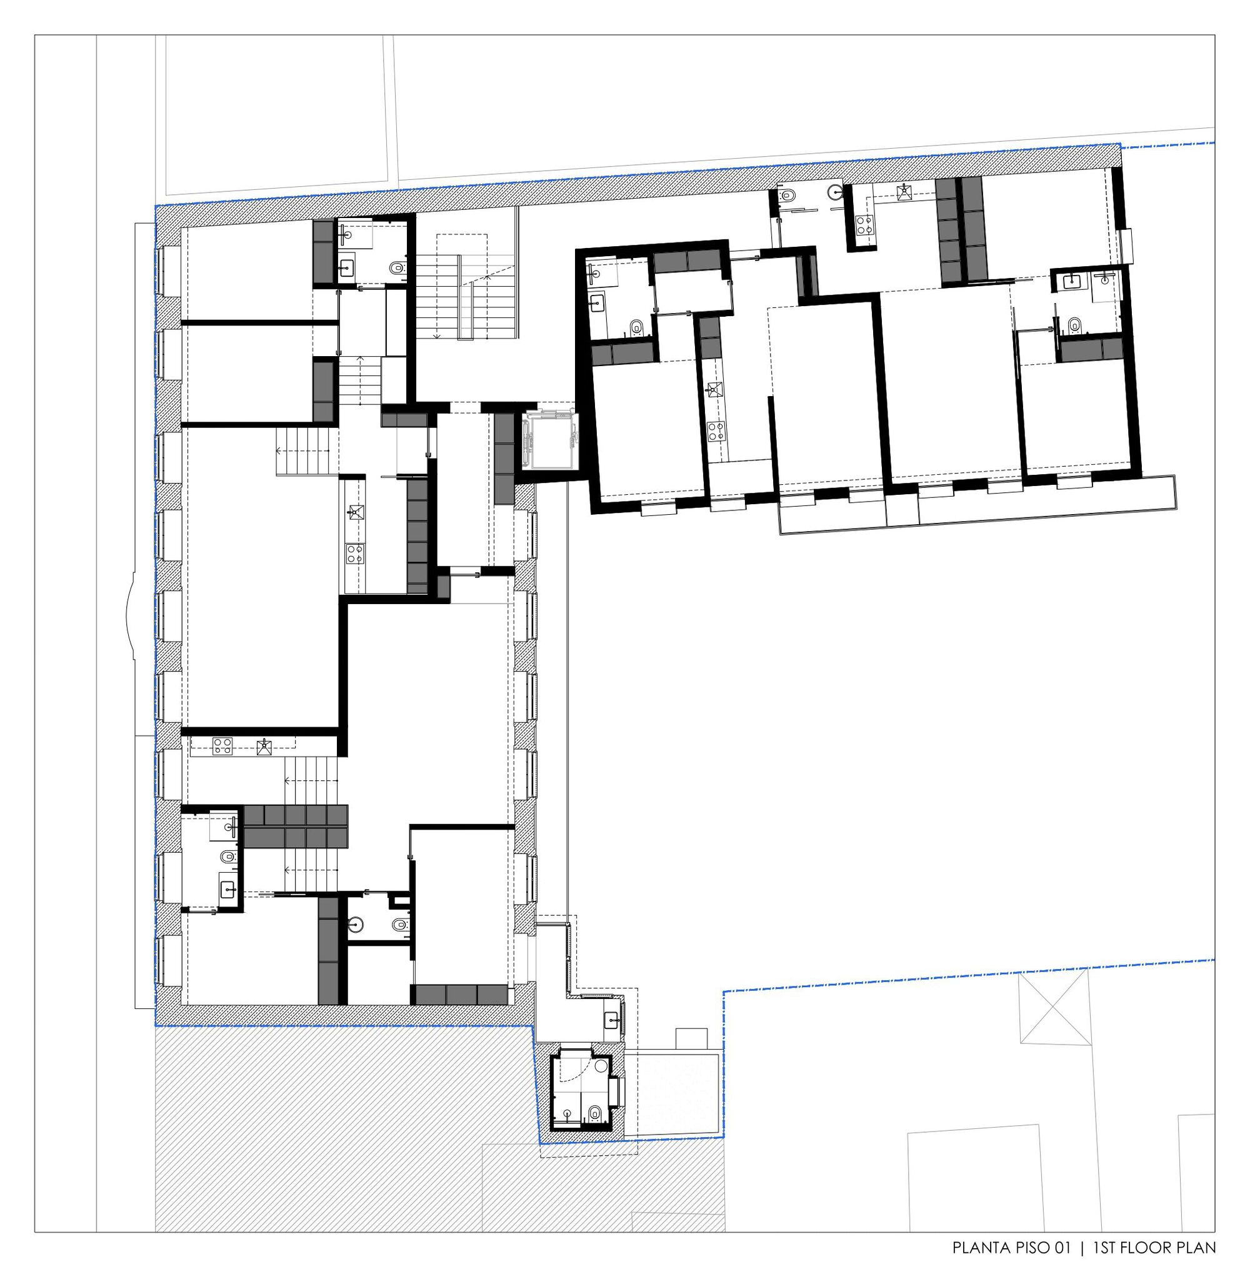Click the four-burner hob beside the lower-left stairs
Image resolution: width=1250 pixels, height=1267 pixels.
click(x=222, y=745)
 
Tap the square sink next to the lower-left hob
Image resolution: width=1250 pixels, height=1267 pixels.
click(x=264, y=745)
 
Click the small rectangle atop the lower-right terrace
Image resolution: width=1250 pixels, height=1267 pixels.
click(x=692, y=1040)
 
